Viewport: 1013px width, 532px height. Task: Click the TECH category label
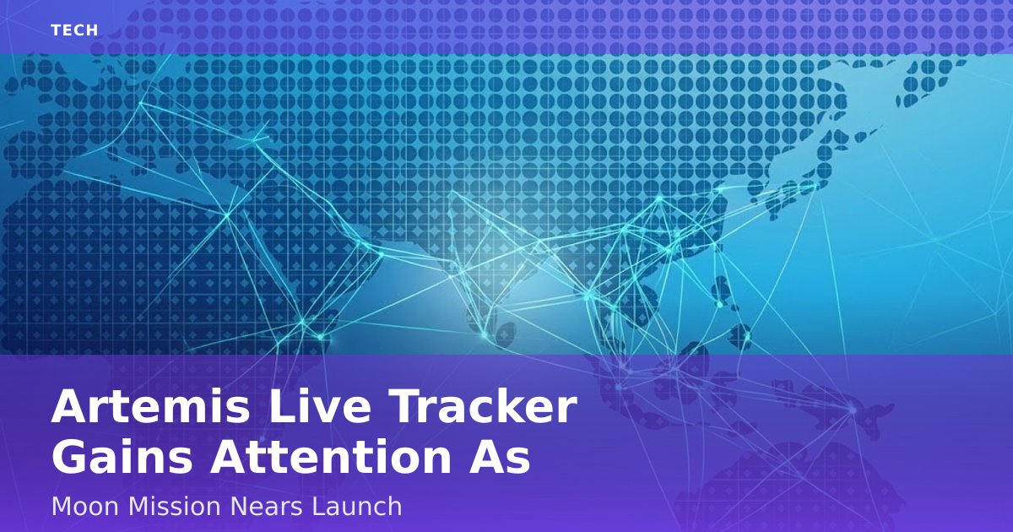[x=74, y=30]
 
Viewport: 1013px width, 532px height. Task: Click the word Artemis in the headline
[x=150, y=406]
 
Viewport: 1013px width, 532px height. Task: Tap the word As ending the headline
[x=499, y=456]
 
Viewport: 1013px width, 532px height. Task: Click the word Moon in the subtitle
[x=85, y=506]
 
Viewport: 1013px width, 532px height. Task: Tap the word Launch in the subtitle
[x=356, y=506]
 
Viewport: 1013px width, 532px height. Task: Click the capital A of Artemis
[x=72, y=406]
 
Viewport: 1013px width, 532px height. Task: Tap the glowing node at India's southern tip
[x=484, y=335]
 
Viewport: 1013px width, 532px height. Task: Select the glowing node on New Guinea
[x=852, y=410]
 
